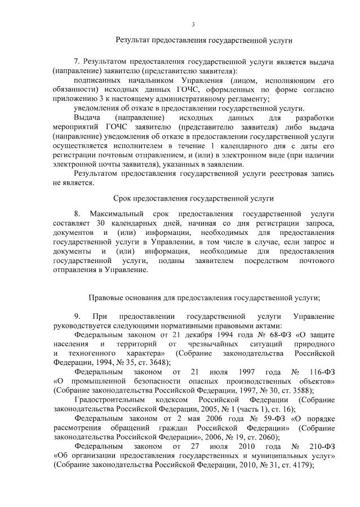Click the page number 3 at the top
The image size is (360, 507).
click(193, 24)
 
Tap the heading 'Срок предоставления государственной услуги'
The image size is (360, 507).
click(193, 198)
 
